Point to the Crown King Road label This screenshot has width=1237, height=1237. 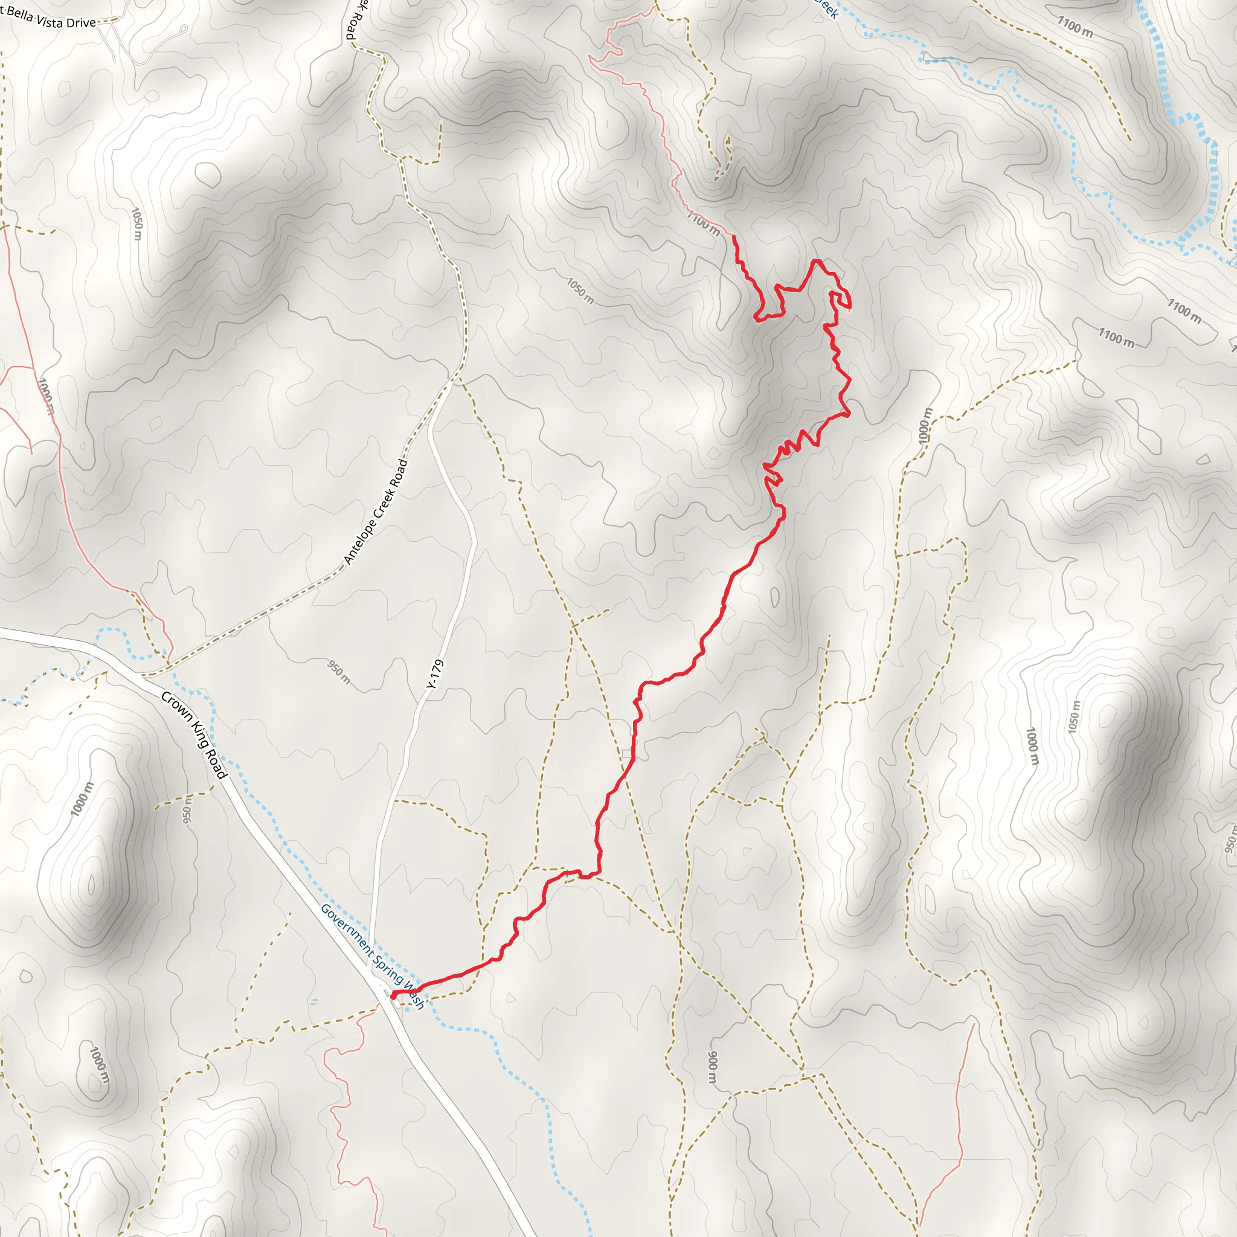(x=194, y=735)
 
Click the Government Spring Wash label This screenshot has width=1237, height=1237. (x=372, y=957)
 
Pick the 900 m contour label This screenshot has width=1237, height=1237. (x=713, y=1066)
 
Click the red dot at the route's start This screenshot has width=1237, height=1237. (x=393, y=995)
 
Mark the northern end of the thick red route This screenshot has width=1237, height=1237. (x=734, y=237)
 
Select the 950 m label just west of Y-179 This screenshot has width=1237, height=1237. (x=339, y=672)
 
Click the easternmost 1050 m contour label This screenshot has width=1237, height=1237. (x=1074, y=717)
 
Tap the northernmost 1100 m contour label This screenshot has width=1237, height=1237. (x=1075, y=28)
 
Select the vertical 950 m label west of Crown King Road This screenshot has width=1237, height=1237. (x=187, y=810)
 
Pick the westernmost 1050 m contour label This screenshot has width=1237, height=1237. (x=137, y=223)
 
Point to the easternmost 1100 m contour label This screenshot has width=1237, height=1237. (x=1184, y=310)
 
